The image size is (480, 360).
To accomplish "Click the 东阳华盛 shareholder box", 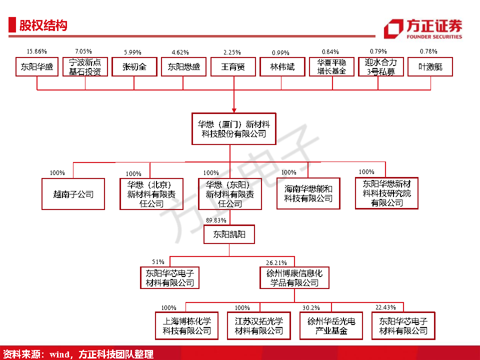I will [x=37, y=66].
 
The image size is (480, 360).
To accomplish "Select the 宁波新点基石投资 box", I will [x=85, y=66].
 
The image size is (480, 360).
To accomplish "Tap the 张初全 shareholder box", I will [x=134, y=66].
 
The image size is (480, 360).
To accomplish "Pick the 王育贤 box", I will [x=233, y=66].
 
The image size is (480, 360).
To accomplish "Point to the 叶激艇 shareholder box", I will [x=430, y=66].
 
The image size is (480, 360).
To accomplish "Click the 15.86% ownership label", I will [x=36, y=51].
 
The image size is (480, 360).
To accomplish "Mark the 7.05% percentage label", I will [x=83, y=51].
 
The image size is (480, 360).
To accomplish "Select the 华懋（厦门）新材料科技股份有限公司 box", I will [x=230, y=129].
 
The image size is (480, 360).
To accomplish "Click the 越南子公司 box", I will [x=73, y=194].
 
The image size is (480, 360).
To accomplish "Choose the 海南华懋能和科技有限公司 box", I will [x=308, y=193].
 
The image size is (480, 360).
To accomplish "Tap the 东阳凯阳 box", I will [x=229, y=234].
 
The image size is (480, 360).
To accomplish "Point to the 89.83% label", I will [x=216, y=220].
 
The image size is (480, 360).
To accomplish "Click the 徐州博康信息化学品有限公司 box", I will [x=294, y=278].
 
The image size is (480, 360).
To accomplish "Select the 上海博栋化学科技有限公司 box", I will [x=187, y=325].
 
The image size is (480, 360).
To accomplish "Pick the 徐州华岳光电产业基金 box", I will [x=331, y=325].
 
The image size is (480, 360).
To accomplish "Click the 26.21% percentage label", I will [x=276, y=262].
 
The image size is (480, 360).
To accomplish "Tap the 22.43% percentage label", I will [x=385, y=307].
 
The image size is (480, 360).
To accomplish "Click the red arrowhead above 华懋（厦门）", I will [x=233, y=110].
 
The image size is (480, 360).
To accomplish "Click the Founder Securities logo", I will [x=422, y=28].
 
